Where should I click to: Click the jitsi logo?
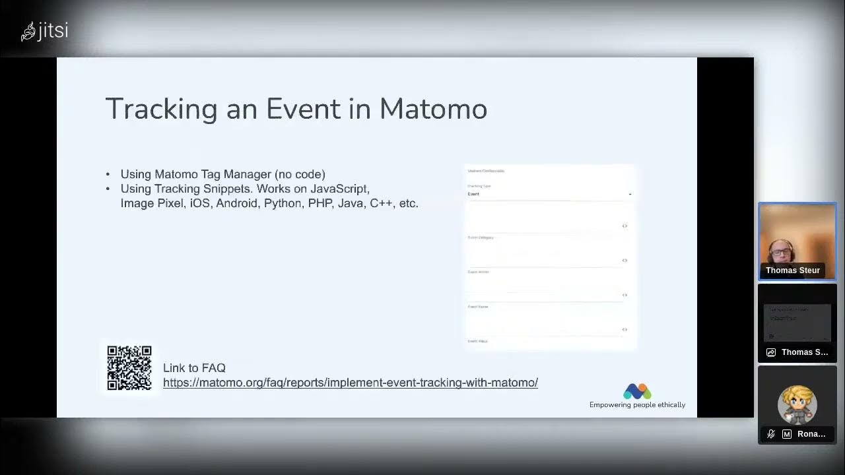coord(44,31)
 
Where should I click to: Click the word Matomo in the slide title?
coord(433,109)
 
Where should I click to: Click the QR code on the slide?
coord(129,368)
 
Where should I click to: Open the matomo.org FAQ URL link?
coord(350,383)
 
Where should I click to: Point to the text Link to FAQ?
coord(194,368)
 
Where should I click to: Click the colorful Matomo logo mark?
coord(637,391)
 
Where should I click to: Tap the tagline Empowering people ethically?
coord(637,405)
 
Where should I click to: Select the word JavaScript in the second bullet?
coord(339,189)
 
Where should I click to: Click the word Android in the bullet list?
coord(236,203)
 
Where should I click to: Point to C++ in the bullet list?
coord(381,203)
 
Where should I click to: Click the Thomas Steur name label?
coord(793,270)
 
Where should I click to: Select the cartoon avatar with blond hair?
coord(797,403)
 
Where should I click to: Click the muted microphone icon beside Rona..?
coord(770,434)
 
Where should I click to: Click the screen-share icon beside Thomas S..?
coord(770,352)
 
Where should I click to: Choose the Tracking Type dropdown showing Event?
coord(549,194)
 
